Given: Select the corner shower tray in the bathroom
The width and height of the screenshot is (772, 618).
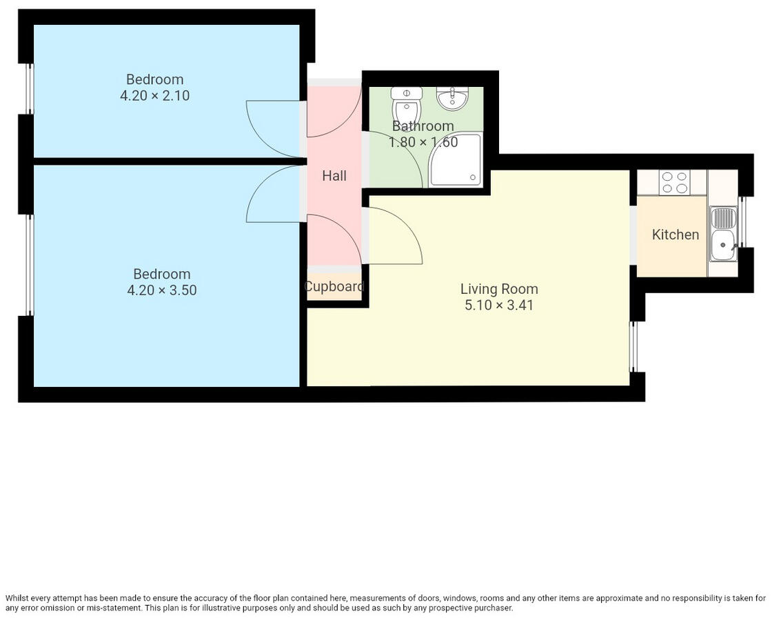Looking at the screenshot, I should coord(455,161).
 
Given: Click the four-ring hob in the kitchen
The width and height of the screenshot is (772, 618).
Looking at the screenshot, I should coord(673,182).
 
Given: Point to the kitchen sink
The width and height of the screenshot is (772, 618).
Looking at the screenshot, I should coord(723,235).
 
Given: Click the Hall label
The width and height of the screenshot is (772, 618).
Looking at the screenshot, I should coord(334,176).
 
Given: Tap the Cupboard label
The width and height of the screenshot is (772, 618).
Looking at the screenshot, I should coord(334,286).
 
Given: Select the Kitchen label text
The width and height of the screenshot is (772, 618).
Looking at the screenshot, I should coord(675,235).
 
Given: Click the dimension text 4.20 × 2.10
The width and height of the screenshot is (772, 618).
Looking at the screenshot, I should coord(155,96).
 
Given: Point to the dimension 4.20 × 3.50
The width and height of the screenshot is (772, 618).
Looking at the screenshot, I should coord(162,290).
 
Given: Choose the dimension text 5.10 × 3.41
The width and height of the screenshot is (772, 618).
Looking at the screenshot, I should coord(499,305).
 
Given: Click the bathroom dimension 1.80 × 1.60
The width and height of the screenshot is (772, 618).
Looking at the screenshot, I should coord(423,143).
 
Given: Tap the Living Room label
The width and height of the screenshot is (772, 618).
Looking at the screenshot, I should coord(499,289).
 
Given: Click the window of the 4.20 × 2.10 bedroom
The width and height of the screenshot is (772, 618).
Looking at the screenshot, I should coord(30,88).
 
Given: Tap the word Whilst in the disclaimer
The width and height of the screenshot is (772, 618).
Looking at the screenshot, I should coord(19,599).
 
